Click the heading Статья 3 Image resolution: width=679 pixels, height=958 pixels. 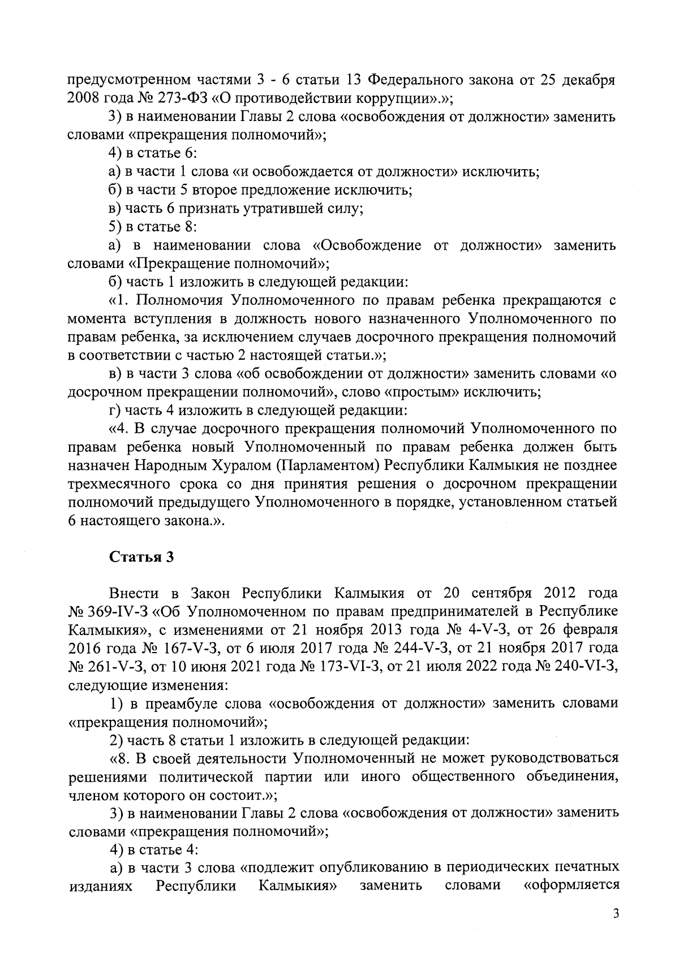tap(141, 557)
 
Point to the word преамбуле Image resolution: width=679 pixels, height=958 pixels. tap(180, 704)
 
